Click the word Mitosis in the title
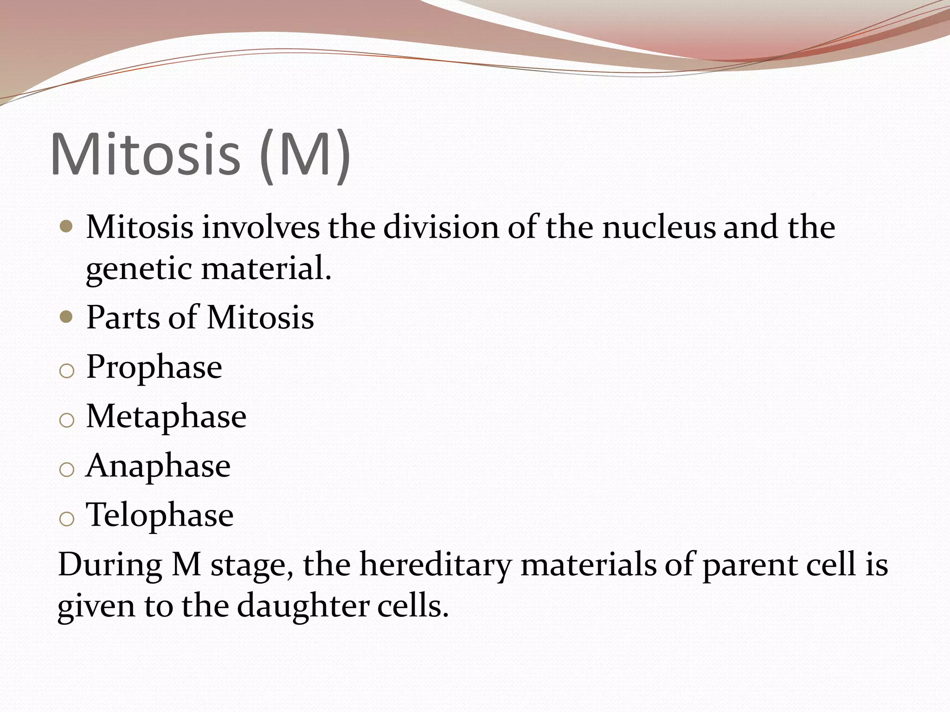(x=145, y=154)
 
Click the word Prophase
(x=154, y=368)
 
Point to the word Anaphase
(x=158, y=466)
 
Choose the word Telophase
(x=160, y=515)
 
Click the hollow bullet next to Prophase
(x=67, y=371)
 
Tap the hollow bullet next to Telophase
(x=67, y=519)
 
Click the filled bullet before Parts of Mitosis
(x=67, y=318)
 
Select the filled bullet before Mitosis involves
(x=67, y=228)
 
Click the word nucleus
(x=659, y=228)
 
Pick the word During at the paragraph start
(x=109, y=566)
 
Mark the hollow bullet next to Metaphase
(x=67, y=420)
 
